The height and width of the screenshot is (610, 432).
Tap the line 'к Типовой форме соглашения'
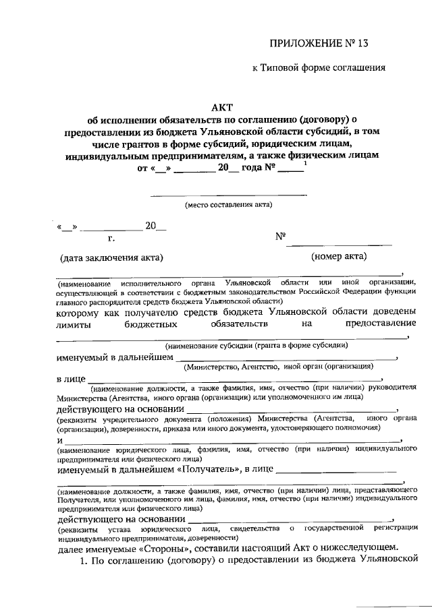(x=318, y=67)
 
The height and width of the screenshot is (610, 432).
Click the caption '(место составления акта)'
(x=227, y=204)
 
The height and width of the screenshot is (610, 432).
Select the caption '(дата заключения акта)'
(x=111, y=257)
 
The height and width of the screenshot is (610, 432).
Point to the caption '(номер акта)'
(x=339, y=256)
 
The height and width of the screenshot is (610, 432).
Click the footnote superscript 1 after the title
(x=306, y=164)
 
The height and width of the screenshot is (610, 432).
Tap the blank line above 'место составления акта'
(x=227, y=195)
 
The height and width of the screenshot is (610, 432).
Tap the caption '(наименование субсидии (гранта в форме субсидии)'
(x=256, y=344)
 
